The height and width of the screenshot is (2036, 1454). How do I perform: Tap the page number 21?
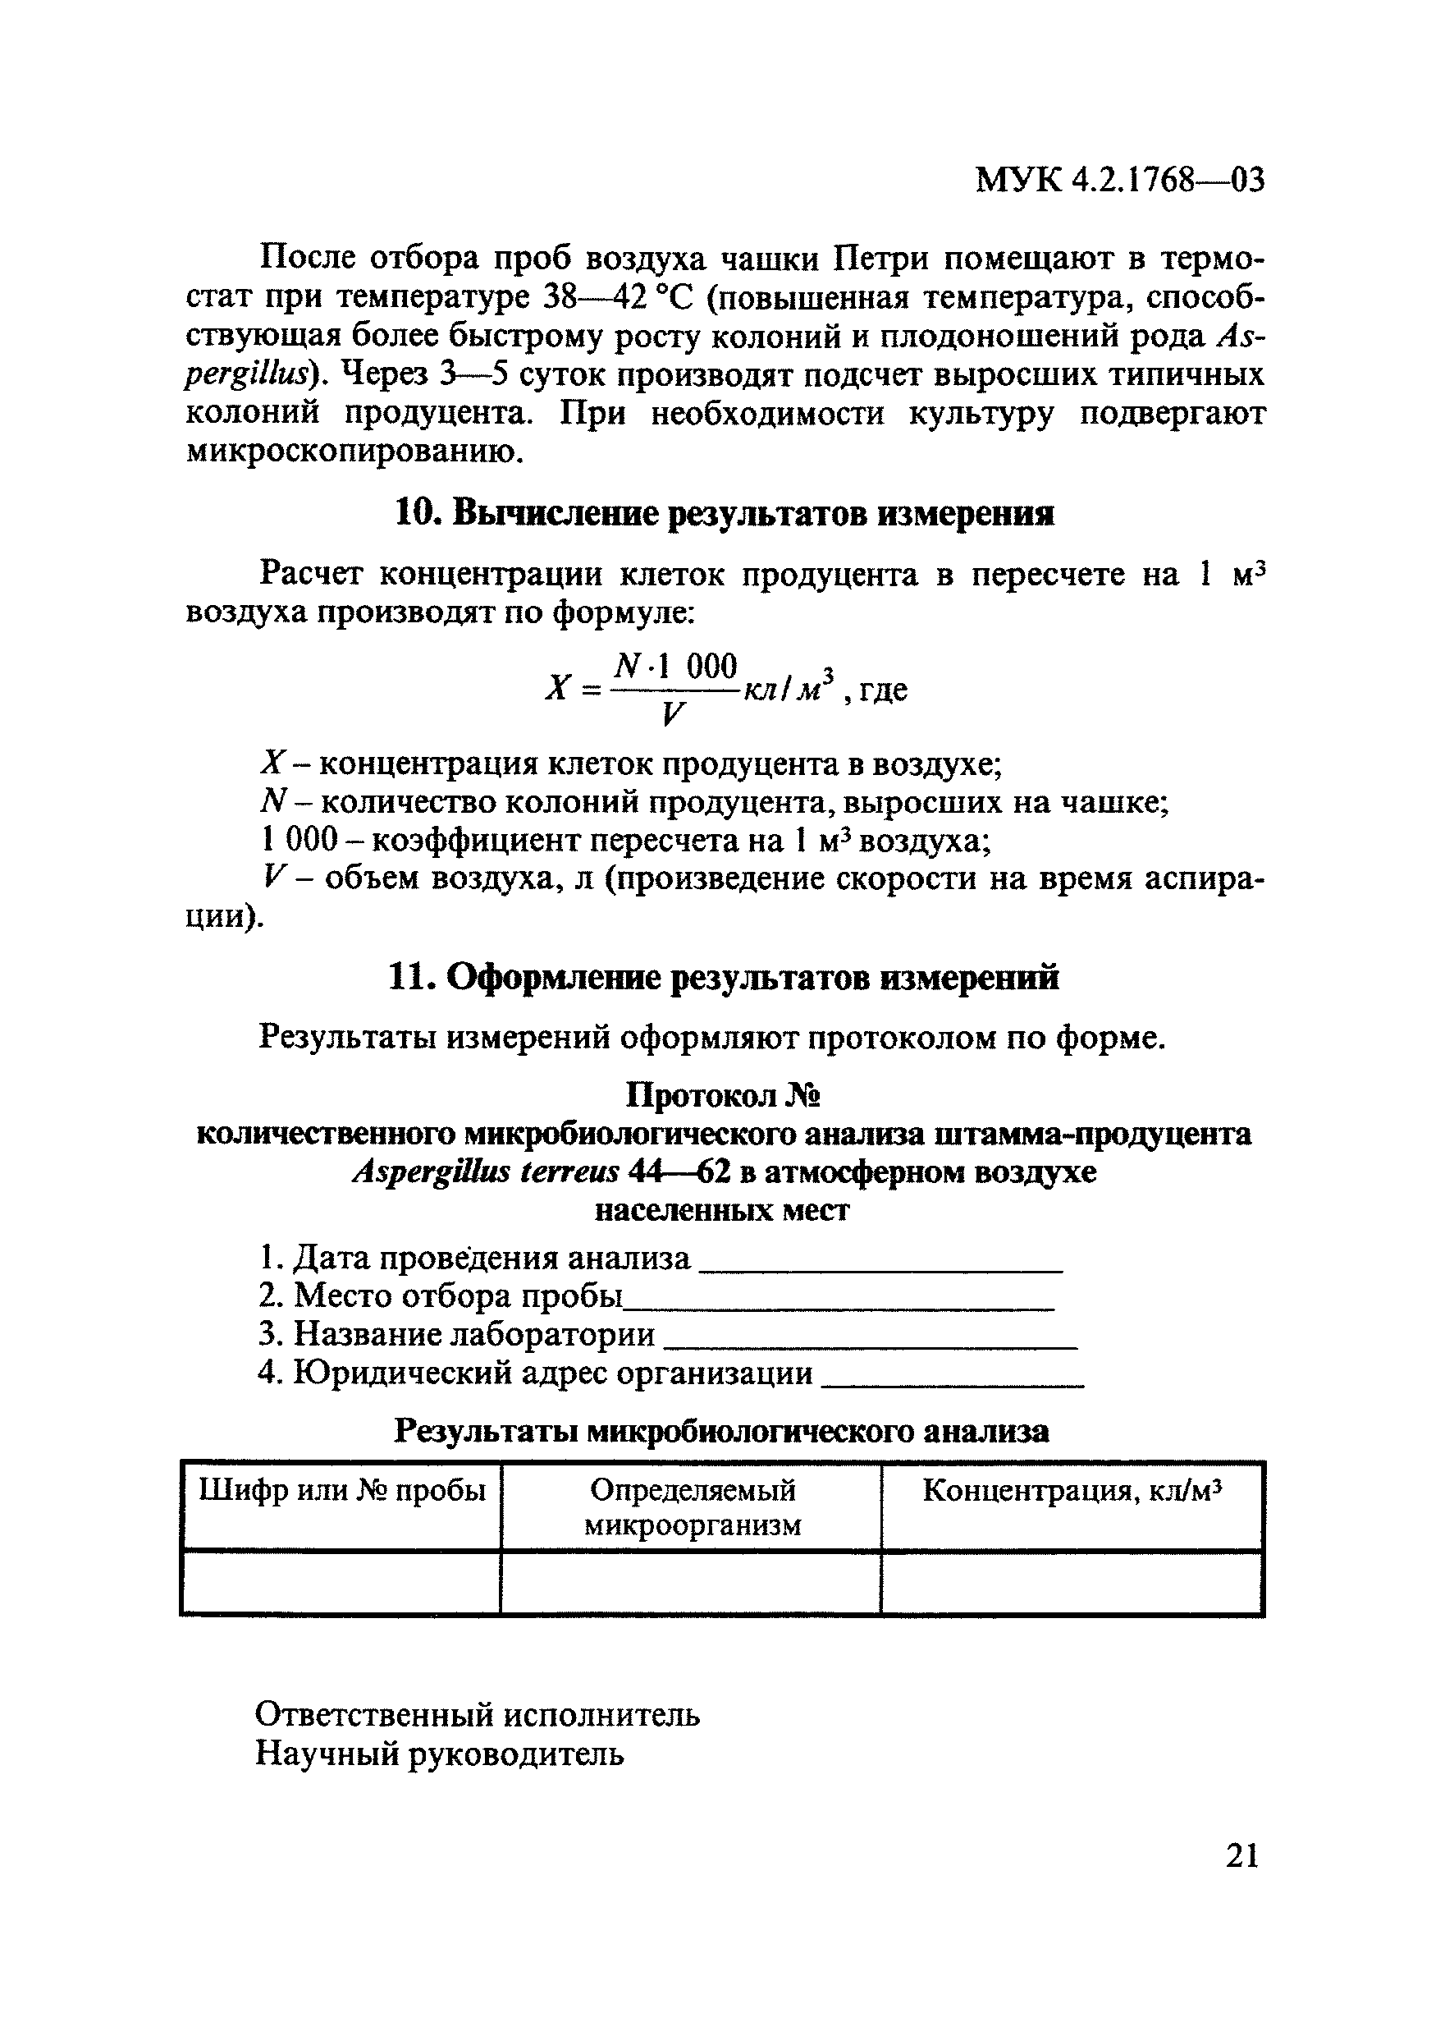1241,1855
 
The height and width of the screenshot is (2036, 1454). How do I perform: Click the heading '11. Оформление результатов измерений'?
724,976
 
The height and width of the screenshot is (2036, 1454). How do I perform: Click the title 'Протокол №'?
724,1095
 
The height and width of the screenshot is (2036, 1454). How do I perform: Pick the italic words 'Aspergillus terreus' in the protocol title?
487,1171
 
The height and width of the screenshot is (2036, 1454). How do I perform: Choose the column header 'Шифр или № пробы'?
341,1492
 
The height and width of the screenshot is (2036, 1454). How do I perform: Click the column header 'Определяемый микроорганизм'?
692,1507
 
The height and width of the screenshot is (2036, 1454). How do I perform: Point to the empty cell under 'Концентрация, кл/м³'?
1072,1584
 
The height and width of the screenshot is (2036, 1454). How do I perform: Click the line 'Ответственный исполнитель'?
478,1714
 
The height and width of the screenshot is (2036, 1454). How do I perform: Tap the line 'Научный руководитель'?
440,1753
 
